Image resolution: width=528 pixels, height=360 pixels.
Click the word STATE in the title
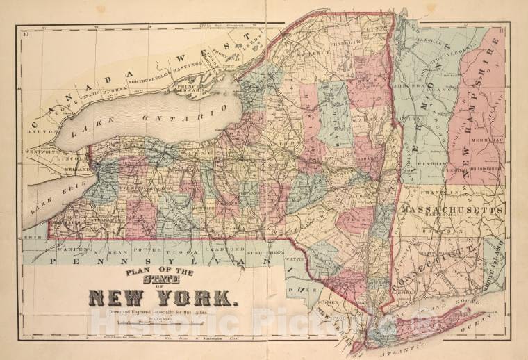pyautogui.click(x=161, y=279)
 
